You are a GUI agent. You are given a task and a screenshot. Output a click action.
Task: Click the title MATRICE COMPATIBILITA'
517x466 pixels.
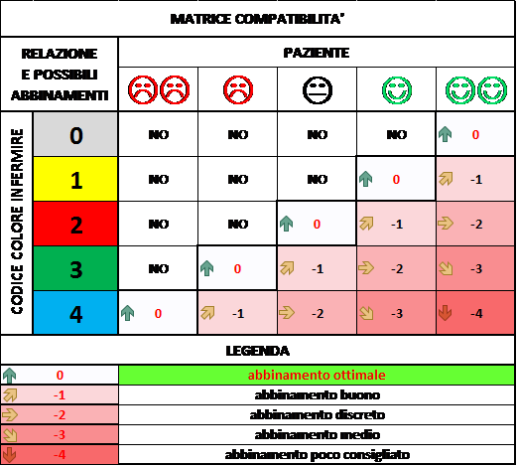[x=257, y=19]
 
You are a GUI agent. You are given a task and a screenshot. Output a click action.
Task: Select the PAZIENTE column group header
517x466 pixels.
[x=317, y=53]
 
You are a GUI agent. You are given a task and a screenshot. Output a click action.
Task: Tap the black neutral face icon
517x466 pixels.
[x=318, y=90]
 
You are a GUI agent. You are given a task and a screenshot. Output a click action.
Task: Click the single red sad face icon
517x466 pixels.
[x=238, y=89]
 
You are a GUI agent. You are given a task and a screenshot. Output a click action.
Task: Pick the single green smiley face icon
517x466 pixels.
[x=397, y=89]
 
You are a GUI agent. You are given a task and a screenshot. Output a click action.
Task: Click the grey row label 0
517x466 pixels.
[x=75, y=135]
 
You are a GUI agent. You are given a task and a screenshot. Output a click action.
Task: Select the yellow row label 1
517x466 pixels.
[x=75, y=180]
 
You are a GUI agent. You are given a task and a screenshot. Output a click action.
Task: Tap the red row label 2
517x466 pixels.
[x=75, y=225]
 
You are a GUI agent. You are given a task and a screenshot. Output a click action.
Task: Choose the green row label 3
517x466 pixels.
[x=75, y=269]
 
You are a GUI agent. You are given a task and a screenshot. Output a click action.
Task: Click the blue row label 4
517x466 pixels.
[x=75, y=314]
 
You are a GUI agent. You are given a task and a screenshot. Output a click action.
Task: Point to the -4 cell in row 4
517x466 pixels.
[x=475, y=313]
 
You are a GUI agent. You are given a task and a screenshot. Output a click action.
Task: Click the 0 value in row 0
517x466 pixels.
[x=475, y=135]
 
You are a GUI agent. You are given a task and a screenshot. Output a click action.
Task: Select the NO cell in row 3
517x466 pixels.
[x=158, y=268]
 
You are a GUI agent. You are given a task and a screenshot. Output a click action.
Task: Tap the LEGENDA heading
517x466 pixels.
[x=257, y=351]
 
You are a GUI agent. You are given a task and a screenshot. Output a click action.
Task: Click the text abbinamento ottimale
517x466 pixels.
[x=317, y=375]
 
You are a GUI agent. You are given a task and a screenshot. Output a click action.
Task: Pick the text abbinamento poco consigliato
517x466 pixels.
[x=317, y=455]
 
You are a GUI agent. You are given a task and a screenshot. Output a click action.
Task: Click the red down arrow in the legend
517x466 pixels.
[x=9, y=455]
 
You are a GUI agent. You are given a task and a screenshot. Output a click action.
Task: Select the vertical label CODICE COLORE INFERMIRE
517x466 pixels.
[x=17, y=222]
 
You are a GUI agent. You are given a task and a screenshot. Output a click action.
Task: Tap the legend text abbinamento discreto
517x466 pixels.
[x=317, y=414]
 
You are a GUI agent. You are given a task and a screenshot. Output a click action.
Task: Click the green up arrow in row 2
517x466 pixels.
[x=286, y=224]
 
